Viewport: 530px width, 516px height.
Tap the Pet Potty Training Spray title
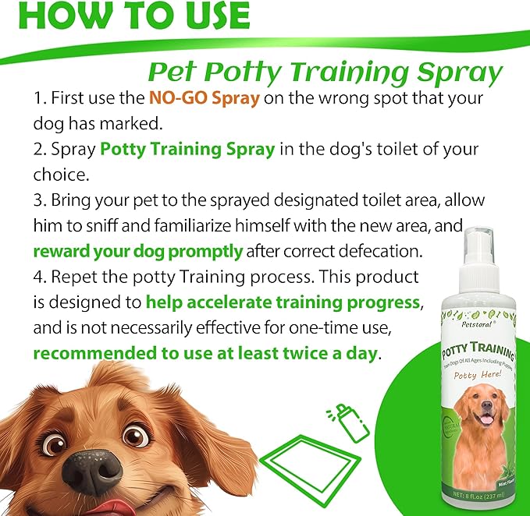(325, 72)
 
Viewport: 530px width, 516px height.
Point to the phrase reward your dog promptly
(138, 251)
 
